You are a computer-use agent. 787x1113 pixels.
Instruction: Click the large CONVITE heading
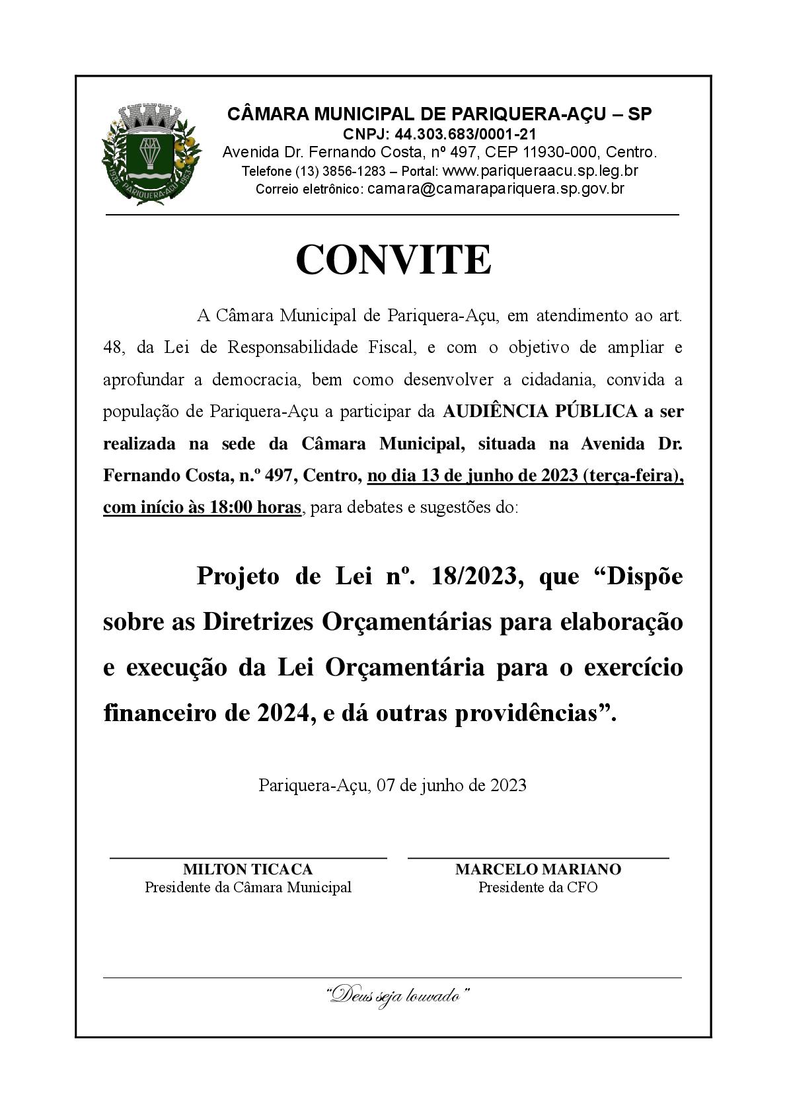393,260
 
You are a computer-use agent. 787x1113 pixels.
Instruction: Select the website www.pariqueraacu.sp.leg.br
540,171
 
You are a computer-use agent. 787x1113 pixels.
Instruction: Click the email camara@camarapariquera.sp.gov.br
496,188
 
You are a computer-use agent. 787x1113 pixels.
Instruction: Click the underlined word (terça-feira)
633,476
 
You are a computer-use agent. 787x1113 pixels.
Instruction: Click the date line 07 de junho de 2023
451,785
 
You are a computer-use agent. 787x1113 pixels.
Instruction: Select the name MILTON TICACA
248,869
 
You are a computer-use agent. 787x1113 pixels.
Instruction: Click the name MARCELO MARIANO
538,869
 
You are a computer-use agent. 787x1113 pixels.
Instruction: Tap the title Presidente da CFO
538,887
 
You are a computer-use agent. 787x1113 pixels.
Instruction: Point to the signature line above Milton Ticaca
248,858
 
